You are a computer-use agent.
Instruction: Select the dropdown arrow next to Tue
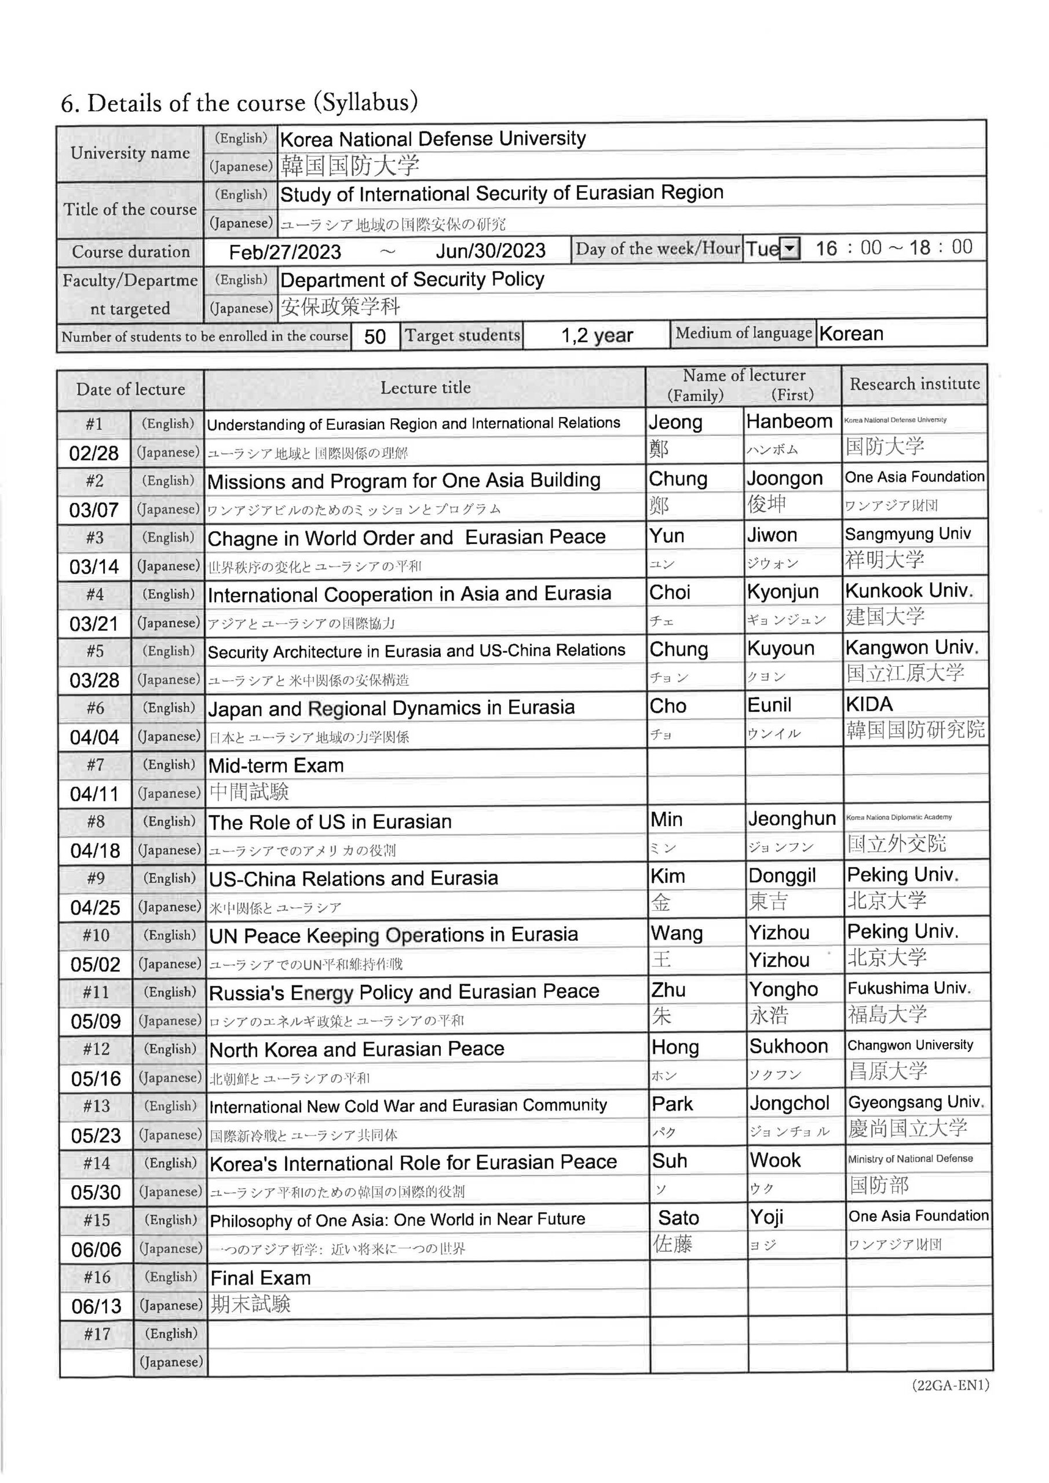coord(790,249)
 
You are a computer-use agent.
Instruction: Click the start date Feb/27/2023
coord(285,252)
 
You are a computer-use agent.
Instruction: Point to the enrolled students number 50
coord(375,337)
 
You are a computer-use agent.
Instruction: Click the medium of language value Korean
coord(851,334)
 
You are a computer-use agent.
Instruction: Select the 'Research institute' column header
coord(914,384)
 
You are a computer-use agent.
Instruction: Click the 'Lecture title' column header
coord(425,388)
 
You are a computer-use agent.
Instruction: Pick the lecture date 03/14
coord(94,567)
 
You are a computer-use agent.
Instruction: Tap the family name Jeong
coord(675,422)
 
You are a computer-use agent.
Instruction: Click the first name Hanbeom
coord(789,422)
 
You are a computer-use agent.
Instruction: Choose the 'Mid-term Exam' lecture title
coord(276,766)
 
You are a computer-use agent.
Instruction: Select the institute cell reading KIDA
coord(869,704)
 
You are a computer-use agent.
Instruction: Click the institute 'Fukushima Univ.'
coord(909,988)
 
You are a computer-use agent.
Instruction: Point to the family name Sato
coord(678,1218)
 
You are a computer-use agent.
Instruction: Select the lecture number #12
coord(96,1050)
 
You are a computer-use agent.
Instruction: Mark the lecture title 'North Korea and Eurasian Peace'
coord(357,1050)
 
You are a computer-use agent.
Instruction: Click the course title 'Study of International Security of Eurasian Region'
coord(501,193)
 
